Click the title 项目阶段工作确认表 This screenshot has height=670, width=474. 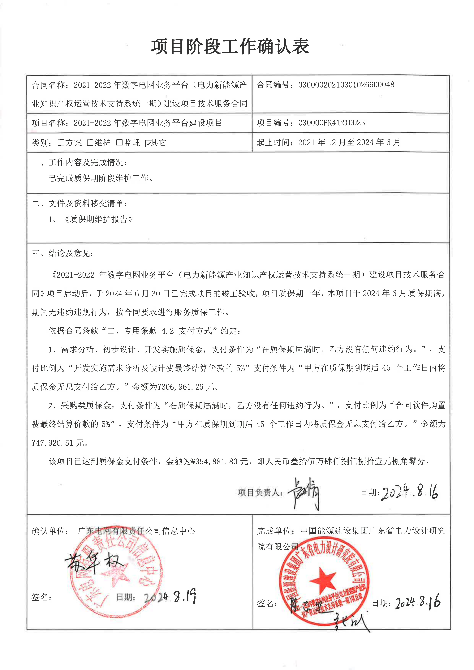click(x=230, y=47)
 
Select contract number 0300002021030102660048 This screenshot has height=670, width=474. click(x=346, y=85)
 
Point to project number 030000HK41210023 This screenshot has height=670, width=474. click(x=332, y=123)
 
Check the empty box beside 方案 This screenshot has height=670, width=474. click(x=61, y=143)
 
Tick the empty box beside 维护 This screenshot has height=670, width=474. click(x=90, y=143)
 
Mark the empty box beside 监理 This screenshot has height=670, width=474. click(x=119, y=143)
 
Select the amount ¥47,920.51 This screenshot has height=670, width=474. click(x=53, y=443)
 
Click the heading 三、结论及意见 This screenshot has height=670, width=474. click(x=63, y=253)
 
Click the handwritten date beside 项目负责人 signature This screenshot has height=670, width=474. click(x=409, y=493)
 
